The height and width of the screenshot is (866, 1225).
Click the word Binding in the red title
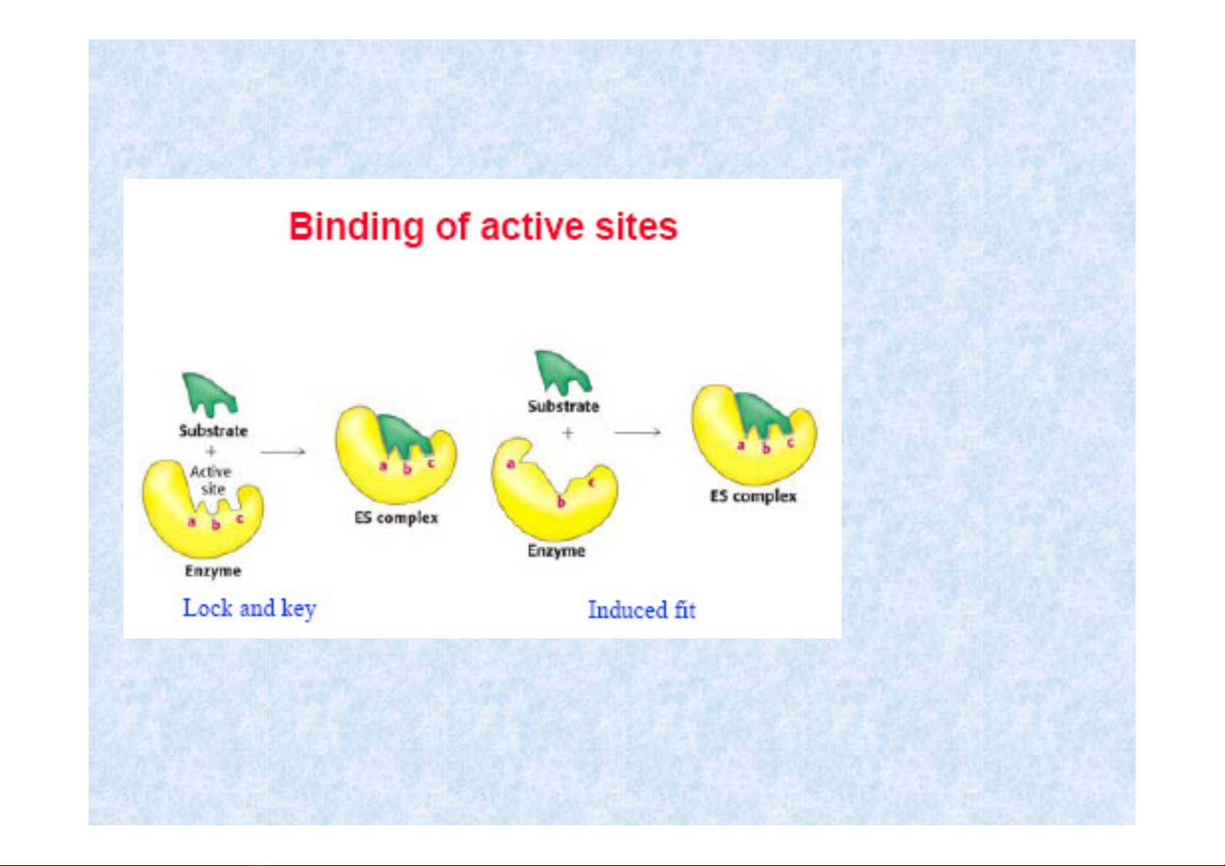(x=356, y=227)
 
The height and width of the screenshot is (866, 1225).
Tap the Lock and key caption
(x=249, y=609)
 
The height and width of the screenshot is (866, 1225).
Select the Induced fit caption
(x=641, y=610)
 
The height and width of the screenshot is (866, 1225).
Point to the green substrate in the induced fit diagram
(x=562, y=372)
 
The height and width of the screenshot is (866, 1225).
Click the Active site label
(x=211, y=481)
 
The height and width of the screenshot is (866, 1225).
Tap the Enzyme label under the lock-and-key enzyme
(x=213, y=571)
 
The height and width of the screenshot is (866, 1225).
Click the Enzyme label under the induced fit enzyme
(x=556, y=550)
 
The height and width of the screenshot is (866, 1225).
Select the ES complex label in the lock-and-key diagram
(x=396, y=518)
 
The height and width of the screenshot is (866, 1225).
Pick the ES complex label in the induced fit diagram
(x=753, y=496)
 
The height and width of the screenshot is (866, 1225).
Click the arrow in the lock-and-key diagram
(x=283, y=452)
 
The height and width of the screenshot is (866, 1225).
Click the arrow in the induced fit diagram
(x=637, y=432)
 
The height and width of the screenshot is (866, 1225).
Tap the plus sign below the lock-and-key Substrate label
(x=211, y=452)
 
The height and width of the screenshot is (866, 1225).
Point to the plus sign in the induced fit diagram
(x=568, y=433)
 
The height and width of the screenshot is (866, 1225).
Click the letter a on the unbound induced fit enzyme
(x=510, y=465)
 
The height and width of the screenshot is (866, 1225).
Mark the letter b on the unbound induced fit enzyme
(x=561, y=502)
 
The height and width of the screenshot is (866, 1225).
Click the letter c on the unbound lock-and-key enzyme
(x=239, y=518)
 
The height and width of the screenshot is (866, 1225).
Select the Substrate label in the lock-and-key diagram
(x=213, y=430)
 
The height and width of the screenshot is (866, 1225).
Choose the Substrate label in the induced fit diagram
(x=563, y=406)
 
